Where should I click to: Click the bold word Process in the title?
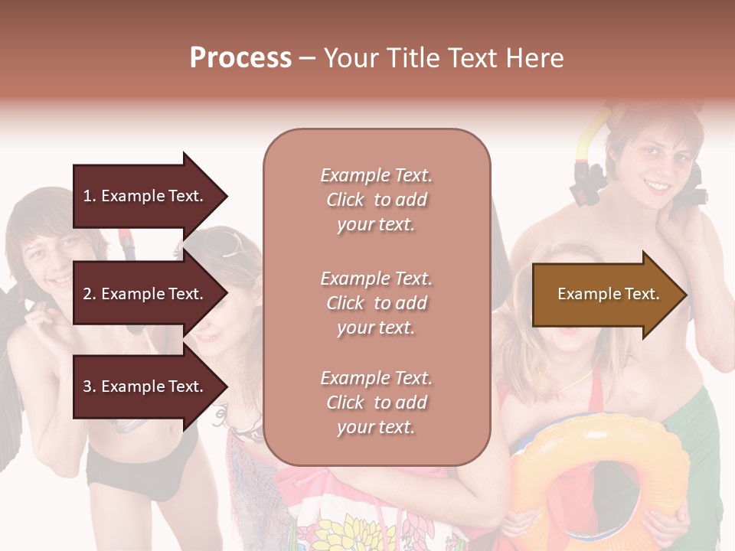point(240,58)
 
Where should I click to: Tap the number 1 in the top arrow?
point(87,196)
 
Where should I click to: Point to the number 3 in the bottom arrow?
point(87,386)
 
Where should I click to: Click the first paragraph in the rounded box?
point(376,200)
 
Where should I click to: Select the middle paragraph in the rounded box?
point(376,303)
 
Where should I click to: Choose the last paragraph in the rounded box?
point(376,403)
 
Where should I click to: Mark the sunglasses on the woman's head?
point(221,243)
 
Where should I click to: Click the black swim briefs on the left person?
point(138,467)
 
